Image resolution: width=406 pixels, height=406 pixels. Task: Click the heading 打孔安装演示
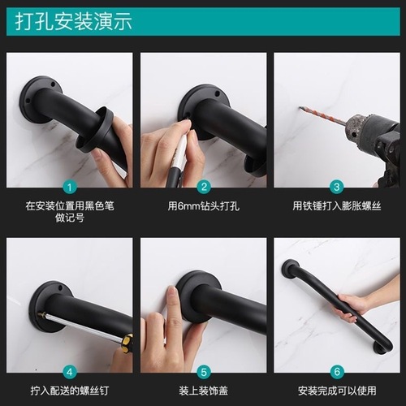[73, 22]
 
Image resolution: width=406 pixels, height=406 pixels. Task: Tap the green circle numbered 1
[70, 186]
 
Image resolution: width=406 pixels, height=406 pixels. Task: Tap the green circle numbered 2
[204, 186]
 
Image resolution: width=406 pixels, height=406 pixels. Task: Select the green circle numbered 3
[336, 186]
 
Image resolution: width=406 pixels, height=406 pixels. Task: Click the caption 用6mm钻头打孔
[204, 205]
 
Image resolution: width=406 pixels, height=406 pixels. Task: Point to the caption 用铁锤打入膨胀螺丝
[336, 205]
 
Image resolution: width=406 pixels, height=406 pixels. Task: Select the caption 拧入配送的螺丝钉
[70, 390]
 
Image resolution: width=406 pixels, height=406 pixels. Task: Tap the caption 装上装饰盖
[204, 390]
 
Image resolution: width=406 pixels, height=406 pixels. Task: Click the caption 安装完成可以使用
[336, 390]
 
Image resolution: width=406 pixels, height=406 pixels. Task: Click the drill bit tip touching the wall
[301, 109]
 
